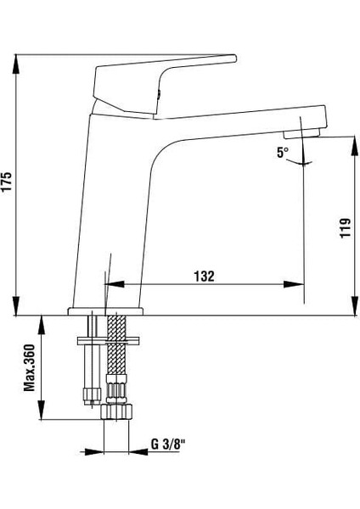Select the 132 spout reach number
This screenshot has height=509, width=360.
(204, 276)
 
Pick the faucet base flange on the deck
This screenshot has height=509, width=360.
(106, 311)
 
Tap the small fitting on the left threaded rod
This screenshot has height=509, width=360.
(87, 391)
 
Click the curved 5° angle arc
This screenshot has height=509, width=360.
(304, 163)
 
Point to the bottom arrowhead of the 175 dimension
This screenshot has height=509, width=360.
(17, 310)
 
